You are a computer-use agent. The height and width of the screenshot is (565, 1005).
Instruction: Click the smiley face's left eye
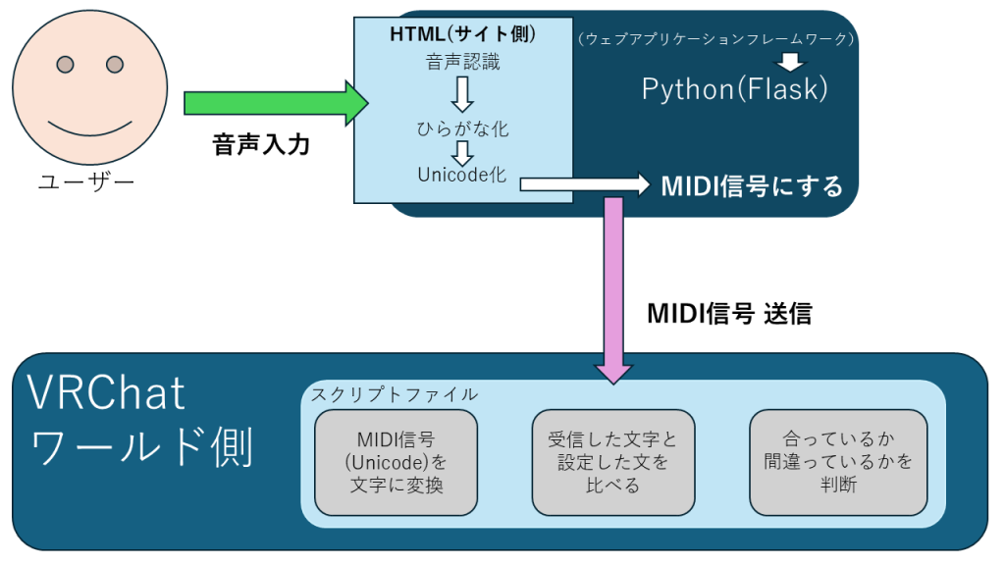[x=65, y=65]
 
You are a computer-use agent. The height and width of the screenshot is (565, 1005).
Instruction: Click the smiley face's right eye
[x=115, y=65]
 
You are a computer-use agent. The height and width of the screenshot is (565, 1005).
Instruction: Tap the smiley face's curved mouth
[x=89, y=128]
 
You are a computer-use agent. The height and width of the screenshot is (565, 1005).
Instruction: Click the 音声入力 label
[x=261, y=145]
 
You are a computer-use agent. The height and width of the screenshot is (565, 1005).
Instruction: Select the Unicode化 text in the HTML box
[x=461, y=176]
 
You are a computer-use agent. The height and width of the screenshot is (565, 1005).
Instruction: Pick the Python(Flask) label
[x=735, y=89]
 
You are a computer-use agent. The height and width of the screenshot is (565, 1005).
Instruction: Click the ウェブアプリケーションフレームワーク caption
[x=717, y=39]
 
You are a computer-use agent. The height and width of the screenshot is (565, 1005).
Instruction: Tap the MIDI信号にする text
[x=752, y=184]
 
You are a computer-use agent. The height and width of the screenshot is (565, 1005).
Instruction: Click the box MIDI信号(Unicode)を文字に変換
[x=396, y=462]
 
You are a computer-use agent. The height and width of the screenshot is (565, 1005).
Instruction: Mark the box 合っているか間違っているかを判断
[x=837, y=462]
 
